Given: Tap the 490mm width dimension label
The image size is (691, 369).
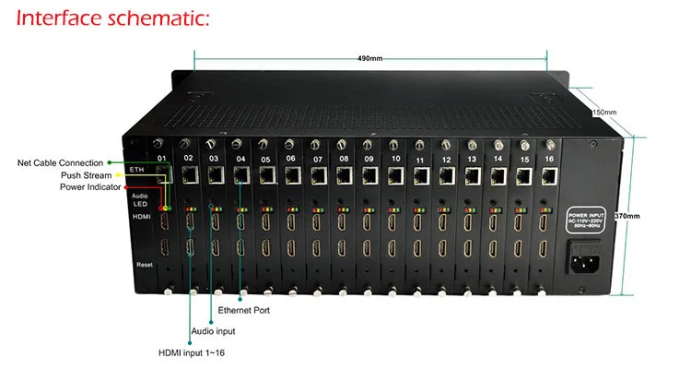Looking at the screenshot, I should [x=369, y=58].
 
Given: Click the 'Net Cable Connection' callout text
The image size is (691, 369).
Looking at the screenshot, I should [x=60, y=162].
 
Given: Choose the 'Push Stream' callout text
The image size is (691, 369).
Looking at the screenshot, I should [x=86, y=175].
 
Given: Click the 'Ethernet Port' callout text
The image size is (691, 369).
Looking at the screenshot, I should [x=243, y=310].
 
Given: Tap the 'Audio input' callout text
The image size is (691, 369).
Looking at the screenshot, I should [x=213, y=330].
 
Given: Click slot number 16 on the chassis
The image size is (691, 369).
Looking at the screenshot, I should [x=550, y=160].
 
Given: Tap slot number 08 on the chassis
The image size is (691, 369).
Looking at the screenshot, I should [x=343, y=159].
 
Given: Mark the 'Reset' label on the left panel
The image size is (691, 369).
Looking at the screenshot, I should [x=145, y=264].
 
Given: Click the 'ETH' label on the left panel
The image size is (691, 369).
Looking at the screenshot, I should [x=138, y=170].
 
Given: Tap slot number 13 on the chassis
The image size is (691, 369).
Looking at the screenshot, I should [x=473, y=160].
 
